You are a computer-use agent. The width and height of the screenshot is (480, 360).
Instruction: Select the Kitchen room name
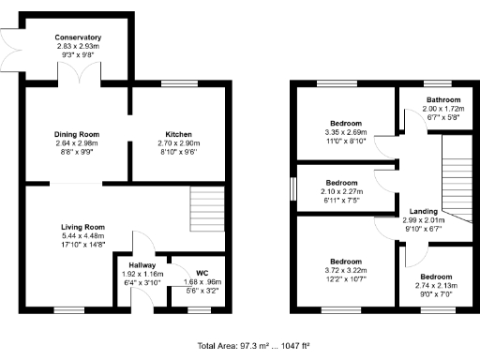[x=178, y=134]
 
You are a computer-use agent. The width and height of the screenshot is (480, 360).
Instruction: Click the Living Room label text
[x=82, y=228]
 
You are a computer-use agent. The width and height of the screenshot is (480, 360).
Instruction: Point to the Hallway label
[x=142, y=264]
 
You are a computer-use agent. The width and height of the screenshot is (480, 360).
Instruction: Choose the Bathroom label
[x=443, y=99]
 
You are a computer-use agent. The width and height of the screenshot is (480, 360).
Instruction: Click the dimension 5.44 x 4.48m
[x=82, y=236]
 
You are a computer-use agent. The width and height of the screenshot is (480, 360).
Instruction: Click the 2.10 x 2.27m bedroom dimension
[x=341, y=191]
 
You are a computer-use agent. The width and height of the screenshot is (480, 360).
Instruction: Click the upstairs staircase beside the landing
[x=458, y=172]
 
